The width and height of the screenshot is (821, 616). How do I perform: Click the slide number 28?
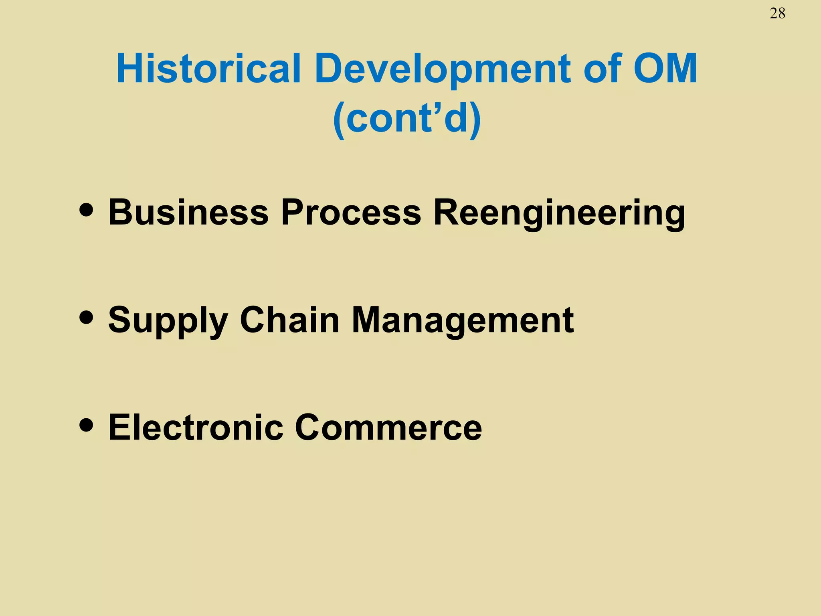pos(777,14)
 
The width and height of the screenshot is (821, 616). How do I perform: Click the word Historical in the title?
pos(208,69)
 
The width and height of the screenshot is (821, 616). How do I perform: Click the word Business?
pos(188,212)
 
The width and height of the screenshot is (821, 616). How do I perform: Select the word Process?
pos(351,212)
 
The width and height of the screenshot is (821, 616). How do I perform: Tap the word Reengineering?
pos(560,213)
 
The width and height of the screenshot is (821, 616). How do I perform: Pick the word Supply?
pos(168,320)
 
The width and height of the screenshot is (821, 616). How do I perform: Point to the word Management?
pos(463,320)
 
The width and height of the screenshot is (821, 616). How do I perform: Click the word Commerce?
pos(388,428)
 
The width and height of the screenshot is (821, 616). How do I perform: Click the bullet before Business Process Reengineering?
pos(87,210)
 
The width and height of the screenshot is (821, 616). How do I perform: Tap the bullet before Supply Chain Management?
pos(87,317)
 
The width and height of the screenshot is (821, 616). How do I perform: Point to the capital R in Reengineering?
pos(448,212)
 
